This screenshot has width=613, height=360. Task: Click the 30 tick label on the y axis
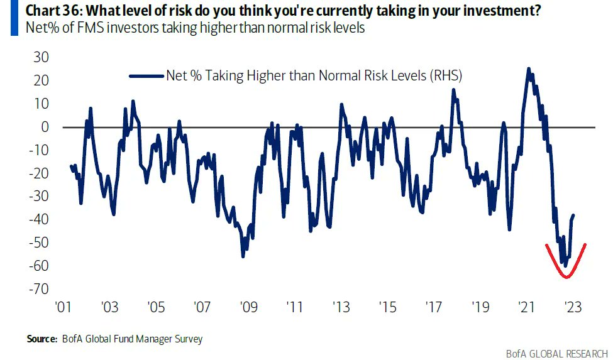pos(42,57)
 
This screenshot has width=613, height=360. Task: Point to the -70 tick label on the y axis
pos(39,289)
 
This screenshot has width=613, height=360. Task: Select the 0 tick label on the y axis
pos(45,127)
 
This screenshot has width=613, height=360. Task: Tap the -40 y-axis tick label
pos(39,219)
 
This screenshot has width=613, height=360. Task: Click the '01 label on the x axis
pos(62,308)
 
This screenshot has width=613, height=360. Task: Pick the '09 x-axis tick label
pos(248,308)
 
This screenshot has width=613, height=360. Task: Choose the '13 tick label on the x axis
pos(341,308)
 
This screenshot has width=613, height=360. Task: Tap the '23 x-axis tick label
pos(573,308)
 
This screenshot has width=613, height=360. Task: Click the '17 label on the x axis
pos(434,308)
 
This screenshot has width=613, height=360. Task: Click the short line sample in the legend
pos(146,76)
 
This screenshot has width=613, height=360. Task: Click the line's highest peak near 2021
pos(528,68)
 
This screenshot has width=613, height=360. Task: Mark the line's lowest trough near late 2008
pos(243,256)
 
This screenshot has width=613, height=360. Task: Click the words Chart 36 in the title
pos(46,11)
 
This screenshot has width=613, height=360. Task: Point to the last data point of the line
pos(573,215)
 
